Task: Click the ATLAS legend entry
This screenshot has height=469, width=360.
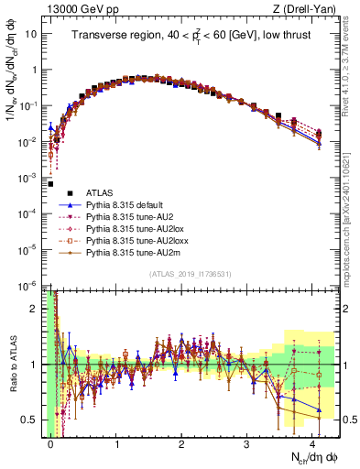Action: [x=96, y=193]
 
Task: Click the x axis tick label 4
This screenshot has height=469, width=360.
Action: [x=311, y=444]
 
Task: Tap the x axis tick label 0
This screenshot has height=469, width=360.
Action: [x=51, y=444]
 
